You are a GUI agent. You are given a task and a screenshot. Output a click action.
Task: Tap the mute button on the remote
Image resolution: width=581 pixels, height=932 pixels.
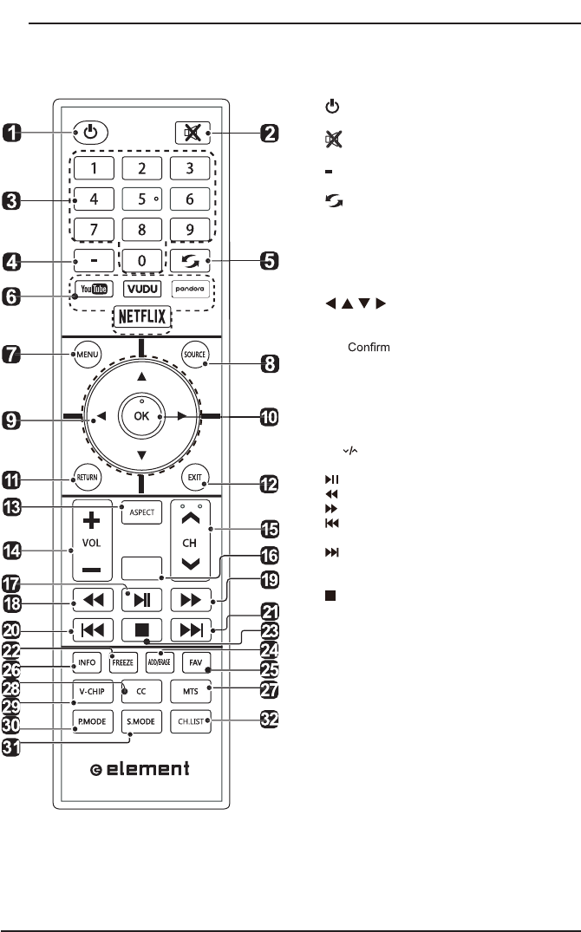[x=188, y=134]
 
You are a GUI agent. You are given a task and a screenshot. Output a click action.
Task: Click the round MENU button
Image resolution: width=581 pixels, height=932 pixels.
[x=88, y=354]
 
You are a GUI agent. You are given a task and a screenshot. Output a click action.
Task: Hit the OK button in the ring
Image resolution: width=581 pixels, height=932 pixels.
[x=141, y=416]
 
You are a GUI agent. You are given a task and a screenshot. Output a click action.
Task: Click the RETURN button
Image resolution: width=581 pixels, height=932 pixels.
[x=88, y=478]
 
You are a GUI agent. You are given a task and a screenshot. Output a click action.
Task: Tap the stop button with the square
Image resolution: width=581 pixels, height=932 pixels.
[x=141, y=629]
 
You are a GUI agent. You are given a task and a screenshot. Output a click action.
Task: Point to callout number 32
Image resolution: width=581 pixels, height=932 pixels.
[x=271, y=721]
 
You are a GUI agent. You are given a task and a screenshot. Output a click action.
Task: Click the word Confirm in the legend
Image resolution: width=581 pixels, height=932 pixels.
[x=369, y=348]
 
